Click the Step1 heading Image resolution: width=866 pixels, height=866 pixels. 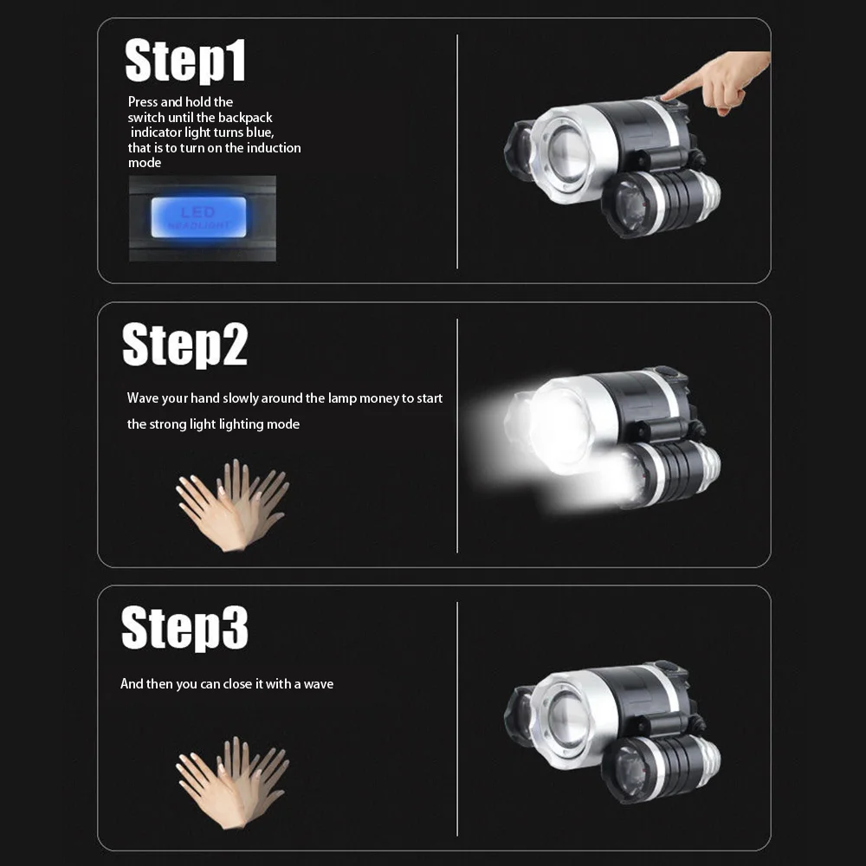(x=185, y=61)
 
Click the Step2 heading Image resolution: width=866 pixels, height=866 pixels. (x=185, y=345)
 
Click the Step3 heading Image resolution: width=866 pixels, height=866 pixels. (x=184, y=628)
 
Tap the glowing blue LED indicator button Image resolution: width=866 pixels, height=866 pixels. (x=199, y=217)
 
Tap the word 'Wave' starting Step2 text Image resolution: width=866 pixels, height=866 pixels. (x=143, y=398)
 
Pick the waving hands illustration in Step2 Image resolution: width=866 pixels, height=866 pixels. (x=232, y=506)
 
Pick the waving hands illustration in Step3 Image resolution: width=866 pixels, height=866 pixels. (x=232, y=783)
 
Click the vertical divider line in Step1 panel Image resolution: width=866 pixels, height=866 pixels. (x=457, y=152)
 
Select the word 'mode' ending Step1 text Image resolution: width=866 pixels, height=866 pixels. (x=145, y=163)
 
